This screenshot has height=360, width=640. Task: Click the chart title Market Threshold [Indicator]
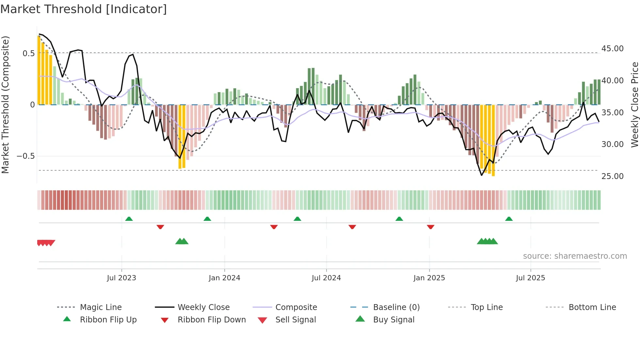pyautogui.click(x=84, y=9)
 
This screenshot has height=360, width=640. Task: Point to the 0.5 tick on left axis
pyautogui.click(x=28, y=53)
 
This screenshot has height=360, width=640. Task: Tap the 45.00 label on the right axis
pyautogui.click(x=612, y=49)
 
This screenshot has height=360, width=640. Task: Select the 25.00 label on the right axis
pyautogui.click(x=612, y=176)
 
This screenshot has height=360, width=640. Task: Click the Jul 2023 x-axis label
pyautogui.click(x=121, y=278)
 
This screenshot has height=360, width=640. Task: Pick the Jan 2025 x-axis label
pyautogui.click(x=429, y=278)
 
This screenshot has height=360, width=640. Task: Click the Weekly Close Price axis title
pyautogui.click(x=634, y=105)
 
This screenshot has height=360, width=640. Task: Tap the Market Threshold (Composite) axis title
pyautogui.click(x=5, y=105)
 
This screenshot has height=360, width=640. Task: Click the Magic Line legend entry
pyautogui.click(x=101, y=307)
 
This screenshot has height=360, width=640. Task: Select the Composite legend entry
pyautogui.click(x=296, y=307)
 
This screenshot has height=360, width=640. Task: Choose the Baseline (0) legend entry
pyautogui.click(x=396, y=307)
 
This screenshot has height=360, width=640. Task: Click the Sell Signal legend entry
pyautogui.click(x=296, y=320)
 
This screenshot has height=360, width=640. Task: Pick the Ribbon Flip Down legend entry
pyautogui.click(x=212, y=320)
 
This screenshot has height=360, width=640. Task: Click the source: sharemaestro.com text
pyautogui.click(x=575, y=256)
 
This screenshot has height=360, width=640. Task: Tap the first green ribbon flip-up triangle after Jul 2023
pyautogui.click(x=129, y=219)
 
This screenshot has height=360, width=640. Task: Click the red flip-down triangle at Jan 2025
pyautogui.click(x=431, y=227)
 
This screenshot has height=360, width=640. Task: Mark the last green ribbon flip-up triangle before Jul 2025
pyautogui.click(x=509, y=219)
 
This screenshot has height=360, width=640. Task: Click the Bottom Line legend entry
pyautogui.click(x=592, y=307)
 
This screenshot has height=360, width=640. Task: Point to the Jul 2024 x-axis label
pyautogui.click(x=326, y=278)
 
